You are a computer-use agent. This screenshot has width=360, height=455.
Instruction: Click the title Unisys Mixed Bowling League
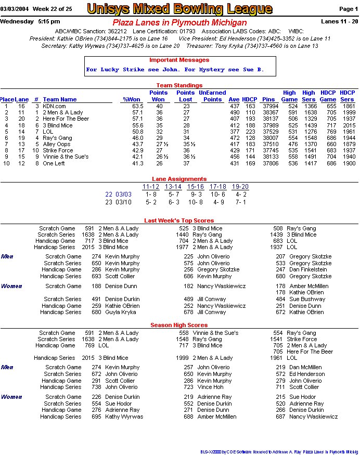(179, 9)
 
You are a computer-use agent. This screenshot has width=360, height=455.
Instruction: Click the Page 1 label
(348, 9)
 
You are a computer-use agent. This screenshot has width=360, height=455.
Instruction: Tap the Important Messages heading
(179, 60)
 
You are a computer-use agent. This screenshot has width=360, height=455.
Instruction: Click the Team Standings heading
(179, 85)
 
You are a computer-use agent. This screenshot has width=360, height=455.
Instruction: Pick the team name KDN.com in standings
(54, 106)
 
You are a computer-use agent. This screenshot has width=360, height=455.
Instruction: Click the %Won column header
(132, 99)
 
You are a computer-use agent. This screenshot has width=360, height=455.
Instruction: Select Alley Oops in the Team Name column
(56, 144)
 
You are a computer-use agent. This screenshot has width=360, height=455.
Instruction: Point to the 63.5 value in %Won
(137, 106)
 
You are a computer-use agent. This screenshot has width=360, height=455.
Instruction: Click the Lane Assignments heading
(179, 179)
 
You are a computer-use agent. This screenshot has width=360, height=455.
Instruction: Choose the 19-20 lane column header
(240, 187)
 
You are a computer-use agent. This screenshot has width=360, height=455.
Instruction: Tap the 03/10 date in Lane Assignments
(123, 202)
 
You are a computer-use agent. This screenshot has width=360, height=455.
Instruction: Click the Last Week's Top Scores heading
(179, 220)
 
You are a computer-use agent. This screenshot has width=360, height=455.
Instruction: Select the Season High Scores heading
(179, 325)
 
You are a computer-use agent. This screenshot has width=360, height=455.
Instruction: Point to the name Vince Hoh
(210, 387)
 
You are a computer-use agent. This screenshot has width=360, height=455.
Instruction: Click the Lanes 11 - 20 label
(340, 22)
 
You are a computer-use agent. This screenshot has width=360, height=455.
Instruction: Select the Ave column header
(234, 99)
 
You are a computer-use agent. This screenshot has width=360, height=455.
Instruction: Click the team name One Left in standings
(54, 163)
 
